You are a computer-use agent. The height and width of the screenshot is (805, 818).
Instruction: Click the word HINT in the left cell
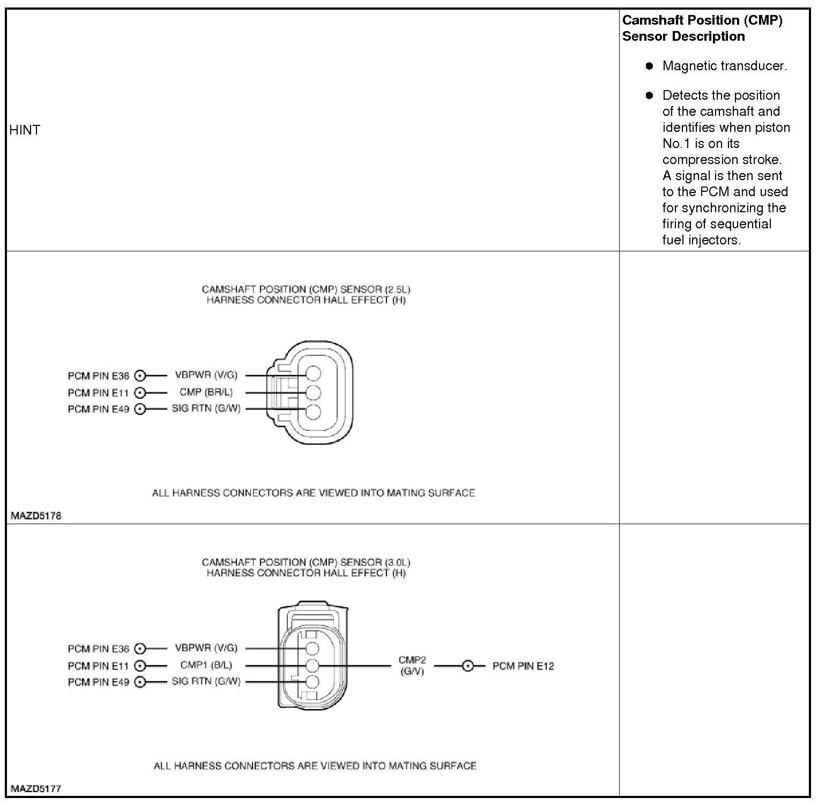point(25,130)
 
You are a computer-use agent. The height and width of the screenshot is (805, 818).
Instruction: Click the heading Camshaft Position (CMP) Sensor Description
point(702,28)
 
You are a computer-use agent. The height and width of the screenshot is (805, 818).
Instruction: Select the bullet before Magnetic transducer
point(650,66)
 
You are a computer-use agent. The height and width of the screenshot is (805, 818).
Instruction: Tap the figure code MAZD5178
point(36,516)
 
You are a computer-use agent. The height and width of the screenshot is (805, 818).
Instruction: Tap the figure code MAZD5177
point(36,789)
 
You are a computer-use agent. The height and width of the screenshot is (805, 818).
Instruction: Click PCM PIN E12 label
point(523,666)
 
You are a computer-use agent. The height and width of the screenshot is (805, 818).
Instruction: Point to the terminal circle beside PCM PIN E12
point(468,666)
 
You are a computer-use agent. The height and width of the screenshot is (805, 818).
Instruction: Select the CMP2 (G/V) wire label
point(412,666)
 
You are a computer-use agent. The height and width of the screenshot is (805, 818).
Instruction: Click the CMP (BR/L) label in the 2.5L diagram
point(206,392)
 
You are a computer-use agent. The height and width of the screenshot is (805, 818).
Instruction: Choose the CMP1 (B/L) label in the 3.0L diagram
point(206,665)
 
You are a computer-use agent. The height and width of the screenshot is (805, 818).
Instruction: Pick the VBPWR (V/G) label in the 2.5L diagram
point(206,375)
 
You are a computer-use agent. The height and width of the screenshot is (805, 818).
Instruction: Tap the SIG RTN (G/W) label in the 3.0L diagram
point(206,681)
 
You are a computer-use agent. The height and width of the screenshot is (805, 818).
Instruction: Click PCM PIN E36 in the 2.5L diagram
point(99,376)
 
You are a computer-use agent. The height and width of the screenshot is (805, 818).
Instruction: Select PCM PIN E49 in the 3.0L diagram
point(99,682)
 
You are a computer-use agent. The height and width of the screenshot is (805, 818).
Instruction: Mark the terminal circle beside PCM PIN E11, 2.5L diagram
point(140,393)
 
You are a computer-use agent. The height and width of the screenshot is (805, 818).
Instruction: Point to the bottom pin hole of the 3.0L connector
point(312,682)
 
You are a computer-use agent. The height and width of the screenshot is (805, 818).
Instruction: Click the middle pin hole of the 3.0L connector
point(312,666)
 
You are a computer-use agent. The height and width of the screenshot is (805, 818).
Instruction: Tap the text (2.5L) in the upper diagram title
point(397,289)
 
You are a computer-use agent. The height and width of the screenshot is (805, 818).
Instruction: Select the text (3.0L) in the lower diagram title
point(397,562)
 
